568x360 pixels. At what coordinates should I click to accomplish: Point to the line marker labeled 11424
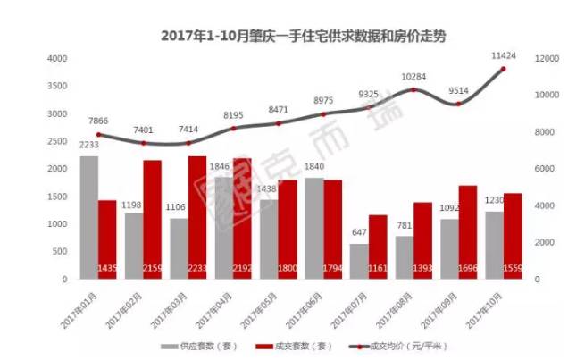tap(503, 69)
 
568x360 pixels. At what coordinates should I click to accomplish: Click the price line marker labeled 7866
tap(98, 135)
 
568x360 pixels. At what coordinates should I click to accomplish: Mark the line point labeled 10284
tap(413, 90)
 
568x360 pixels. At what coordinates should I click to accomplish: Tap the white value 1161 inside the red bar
tap(378, 268)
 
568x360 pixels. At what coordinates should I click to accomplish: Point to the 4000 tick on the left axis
tap(57, 58)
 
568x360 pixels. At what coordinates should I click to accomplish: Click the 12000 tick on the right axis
tap(547, 58)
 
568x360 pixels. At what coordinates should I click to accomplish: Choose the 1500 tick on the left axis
tap(57, 197)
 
